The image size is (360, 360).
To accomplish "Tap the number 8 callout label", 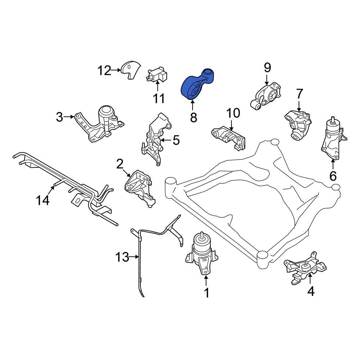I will [194, 117].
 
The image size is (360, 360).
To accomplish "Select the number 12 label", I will [104, 71].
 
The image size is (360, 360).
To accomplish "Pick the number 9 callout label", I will [267, 67].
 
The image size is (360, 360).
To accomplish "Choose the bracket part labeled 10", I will [229, 139].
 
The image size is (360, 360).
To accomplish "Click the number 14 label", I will [42, 200].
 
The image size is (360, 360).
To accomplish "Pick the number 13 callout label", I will [122, 257].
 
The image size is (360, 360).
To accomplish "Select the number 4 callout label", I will [311, 291].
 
